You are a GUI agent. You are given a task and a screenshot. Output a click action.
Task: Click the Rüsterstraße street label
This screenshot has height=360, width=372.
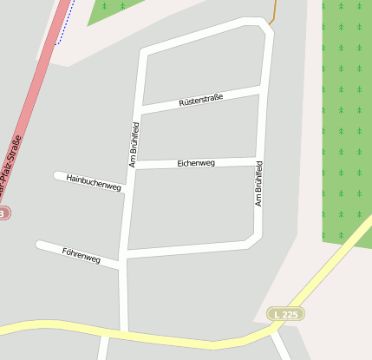coord(201,100)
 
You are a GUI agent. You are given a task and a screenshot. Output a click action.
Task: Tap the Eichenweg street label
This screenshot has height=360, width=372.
coord(196,162)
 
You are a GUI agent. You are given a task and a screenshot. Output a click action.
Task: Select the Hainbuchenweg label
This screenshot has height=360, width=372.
coord(94,181)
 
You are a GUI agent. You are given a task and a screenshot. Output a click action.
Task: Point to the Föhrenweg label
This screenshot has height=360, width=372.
coord(82,255)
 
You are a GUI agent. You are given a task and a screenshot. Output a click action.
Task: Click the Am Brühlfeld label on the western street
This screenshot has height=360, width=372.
coord(134,145)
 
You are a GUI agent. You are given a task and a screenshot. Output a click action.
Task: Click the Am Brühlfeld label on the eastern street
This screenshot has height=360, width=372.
coord(258,183)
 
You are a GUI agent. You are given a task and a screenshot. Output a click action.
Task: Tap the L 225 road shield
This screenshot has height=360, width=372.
coord(286,313)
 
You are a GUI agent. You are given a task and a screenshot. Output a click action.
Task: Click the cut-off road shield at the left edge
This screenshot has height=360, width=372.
coord(3,213)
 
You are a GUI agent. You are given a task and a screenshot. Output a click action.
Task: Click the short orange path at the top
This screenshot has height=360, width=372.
coord(272,14)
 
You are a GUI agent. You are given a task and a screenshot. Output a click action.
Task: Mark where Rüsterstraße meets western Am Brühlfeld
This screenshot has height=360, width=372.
coord(139,109)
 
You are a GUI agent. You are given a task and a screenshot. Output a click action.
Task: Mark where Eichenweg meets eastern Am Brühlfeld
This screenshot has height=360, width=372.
coord(259,160)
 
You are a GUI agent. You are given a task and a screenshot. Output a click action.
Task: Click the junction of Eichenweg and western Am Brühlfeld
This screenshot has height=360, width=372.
coord(134,165)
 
